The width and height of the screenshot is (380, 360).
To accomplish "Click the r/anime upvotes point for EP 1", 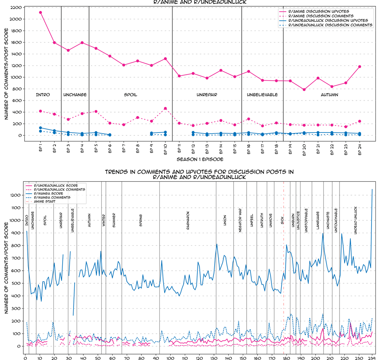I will (x=40, y=12).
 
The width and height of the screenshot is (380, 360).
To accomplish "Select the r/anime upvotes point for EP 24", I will (x=360, y=66).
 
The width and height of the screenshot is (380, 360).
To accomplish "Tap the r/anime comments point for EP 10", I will (x=165, y=109).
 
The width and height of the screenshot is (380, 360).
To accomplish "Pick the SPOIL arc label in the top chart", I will (x=131, y=95).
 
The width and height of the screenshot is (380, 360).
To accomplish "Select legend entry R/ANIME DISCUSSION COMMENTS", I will (x=321, y=16).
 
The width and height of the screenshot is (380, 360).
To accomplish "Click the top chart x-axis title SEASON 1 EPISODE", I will (x=200, y=159).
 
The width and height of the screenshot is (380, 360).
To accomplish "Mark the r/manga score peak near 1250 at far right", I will (x=372, y=189).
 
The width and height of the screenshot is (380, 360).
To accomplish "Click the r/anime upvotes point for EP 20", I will (x=304, y=90).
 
